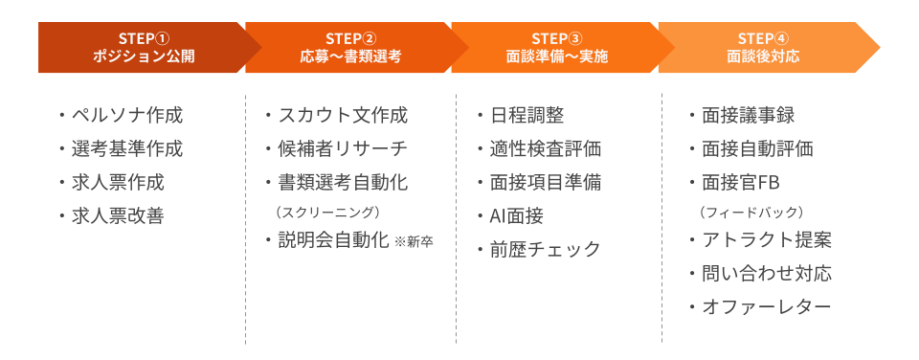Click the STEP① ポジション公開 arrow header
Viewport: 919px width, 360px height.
point(144,47)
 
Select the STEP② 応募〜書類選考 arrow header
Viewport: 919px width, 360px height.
point(349,47)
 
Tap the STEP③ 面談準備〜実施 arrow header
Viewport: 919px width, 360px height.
point(556,47)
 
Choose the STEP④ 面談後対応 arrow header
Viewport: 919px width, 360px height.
point(763,47)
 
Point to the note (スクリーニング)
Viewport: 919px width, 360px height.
point(328,211)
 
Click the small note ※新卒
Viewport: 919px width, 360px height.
point(414,241)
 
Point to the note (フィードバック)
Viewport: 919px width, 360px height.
point(751,211)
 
